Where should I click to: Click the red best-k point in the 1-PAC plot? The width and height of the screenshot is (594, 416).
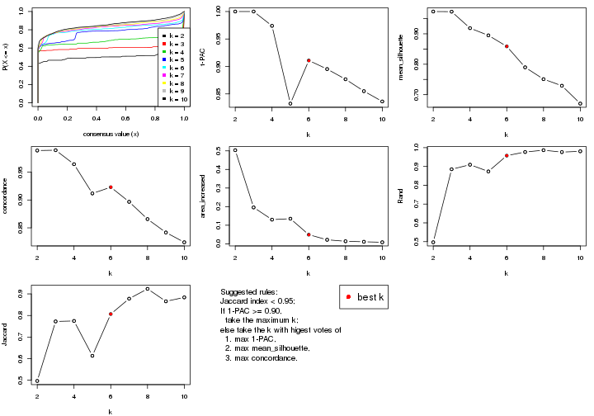point(309,60)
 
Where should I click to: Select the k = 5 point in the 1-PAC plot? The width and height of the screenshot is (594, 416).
point(290,103)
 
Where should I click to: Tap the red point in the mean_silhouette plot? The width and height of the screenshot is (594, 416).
point(507,46)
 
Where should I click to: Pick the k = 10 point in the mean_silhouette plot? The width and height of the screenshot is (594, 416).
point(580,104)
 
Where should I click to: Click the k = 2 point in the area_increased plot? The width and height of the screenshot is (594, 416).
point(235,150)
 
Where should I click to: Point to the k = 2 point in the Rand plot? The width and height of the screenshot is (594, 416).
point(433,242)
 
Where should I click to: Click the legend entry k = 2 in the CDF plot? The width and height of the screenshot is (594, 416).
point(174,36)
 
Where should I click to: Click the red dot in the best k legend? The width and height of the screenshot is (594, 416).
point(350,297)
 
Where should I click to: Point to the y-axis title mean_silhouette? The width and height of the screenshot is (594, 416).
point(406,57)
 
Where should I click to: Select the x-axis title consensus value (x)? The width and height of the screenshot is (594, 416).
point(111,134)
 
